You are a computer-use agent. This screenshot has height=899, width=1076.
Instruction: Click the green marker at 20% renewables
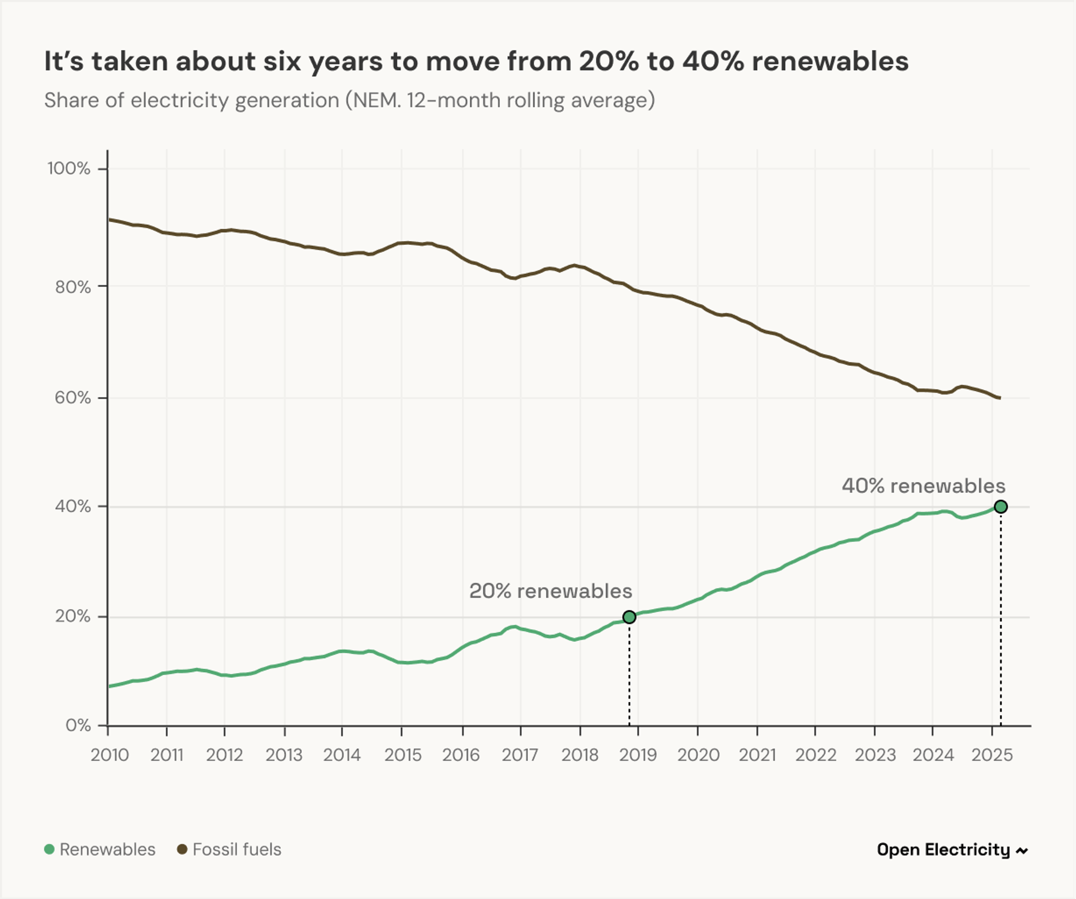629,617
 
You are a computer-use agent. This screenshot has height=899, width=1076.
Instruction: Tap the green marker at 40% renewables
1001,507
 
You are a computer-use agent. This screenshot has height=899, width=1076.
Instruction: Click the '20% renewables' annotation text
550,591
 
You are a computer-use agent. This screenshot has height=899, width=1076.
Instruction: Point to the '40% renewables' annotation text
923,486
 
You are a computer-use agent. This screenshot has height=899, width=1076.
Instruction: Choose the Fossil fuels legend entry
229,850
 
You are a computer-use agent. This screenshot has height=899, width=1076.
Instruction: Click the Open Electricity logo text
943,850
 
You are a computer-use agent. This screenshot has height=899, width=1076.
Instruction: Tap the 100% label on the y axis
69,168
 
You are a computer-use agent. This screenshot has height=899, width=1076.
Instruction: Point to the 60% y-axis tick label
73,398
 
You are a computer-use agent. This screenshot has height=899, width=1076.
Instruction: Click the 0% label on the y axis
78,725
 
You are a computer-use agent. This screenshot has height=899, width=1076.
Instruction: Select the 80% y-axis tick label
73,287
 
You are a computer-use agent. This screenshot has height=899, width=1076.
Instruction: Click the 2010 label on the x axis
110,755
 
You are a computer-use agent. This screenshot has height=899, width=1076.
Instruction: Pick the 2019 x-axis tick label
638,755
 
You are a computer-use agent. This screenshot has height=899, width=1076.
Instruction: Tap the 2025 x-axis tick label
992,755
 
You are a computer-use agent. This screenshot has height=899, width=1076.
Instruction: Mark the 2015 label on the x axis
403,755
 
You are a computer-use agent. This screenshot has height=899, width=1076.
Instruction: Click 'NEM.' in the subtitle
376,101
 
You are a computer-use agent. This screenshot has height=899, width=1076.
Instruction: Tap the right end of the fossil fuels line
999,398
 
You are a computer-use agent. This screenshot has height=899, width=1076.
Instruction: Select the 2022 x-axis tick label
816,755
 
